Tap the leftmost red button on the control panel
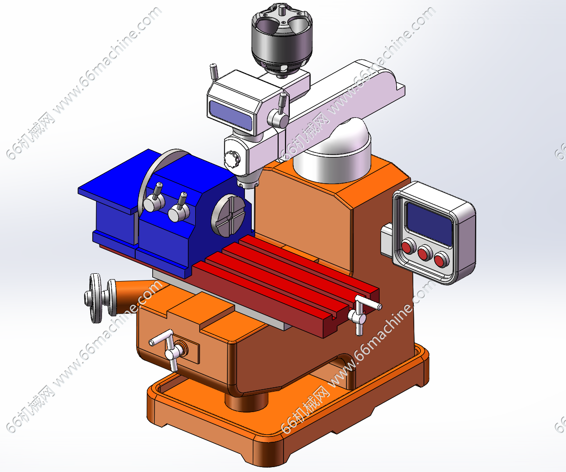point(408,247)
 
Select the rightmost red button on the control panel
point(441,260)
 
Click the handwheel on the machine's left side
point(96,298)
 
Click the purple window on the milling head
point(230,114)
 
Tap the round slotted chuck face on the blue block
point(228,215)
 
